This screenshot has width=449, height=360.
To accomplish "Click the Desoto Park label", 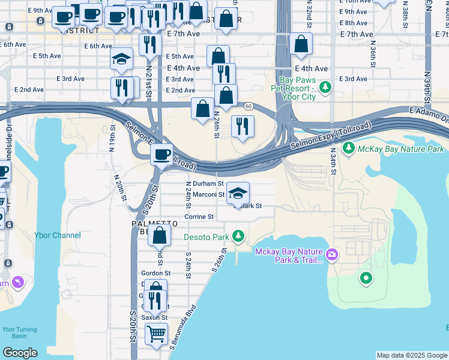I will (x=206, y=237).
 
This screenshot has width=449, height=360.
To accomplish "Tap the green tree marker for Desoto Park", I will (x=239, y=236).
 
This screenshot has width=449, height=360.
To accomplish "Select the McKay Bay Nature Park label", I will (x=401, y=149).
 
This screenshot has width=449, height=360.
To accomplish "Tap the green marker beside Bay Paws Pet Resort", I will (x=325, y=88).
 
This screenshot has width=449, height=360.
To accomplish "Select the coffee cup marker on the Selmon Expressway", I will (x=161, y=155).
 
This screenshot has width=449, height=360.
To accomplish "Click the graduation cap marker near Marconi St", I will (x=238, y=193).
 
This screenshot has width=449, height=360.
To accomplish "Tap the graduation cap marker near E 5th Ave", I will (x=121, y=59).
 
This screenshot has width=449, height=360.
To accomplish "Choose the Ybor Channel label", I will (x=58, y=235).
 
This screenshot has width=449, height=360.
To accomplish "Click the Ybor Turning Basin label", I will (x=19, y=333).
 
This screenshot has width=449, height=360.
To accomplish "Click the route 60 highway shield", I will (x=247, y=106).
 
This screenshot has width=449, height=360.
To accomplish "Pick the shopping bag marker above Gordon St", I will (x=160, y=236).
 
